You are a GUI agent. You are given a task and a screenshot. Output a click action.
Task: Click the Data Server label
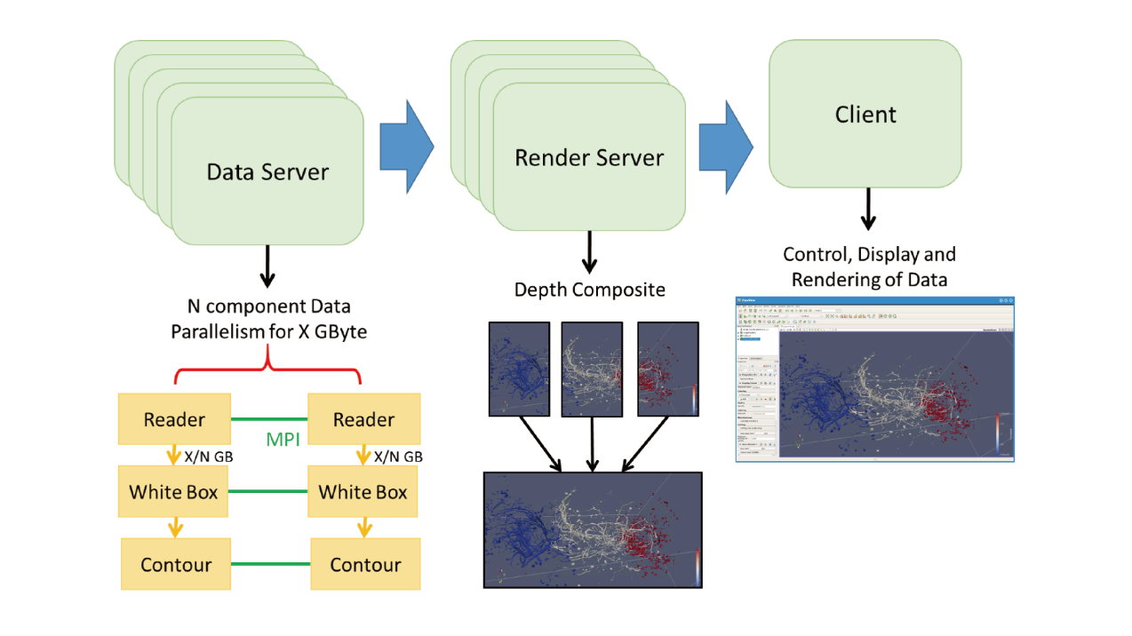point(267,171)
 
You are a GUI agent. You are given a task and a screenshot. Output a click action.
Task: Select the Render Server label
point(589,158)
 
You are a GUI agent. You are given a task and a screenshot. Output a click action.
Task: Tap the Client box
point(865,114)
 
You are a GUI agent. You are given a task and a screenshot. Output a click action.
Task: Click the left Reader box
point(174,419)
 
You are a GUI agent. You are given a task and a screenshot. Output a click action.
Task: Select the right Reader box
point(363,419)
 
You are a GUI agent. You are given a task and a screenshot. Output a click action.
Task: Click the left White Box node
point(174,492)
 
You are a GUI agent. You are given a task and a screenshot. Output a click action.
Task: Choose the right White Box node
point(363,492)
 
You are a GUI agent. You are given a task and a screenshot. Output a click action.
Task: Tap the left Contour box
point(176,565)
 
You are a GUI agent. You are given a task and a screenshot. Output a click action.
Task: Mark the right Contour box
point(365,565)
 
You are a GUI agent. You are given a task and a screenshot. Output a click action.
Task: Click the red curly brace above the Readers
point(268,373)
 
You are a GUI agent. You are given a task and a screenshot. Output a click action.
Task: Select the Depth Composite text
point(589,290)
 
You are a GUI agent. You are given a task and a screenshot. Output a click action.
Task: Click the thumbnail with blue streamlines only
point(518,370)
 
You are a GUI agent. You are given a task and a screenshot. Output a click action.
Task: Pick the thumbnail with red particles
point(668,370)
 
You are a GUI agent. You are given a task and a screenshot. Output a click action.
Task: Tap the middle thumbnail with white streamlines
point(592,370)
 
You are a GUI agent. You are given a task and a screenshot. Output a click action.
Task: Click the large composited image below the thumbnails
point(593,529)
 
